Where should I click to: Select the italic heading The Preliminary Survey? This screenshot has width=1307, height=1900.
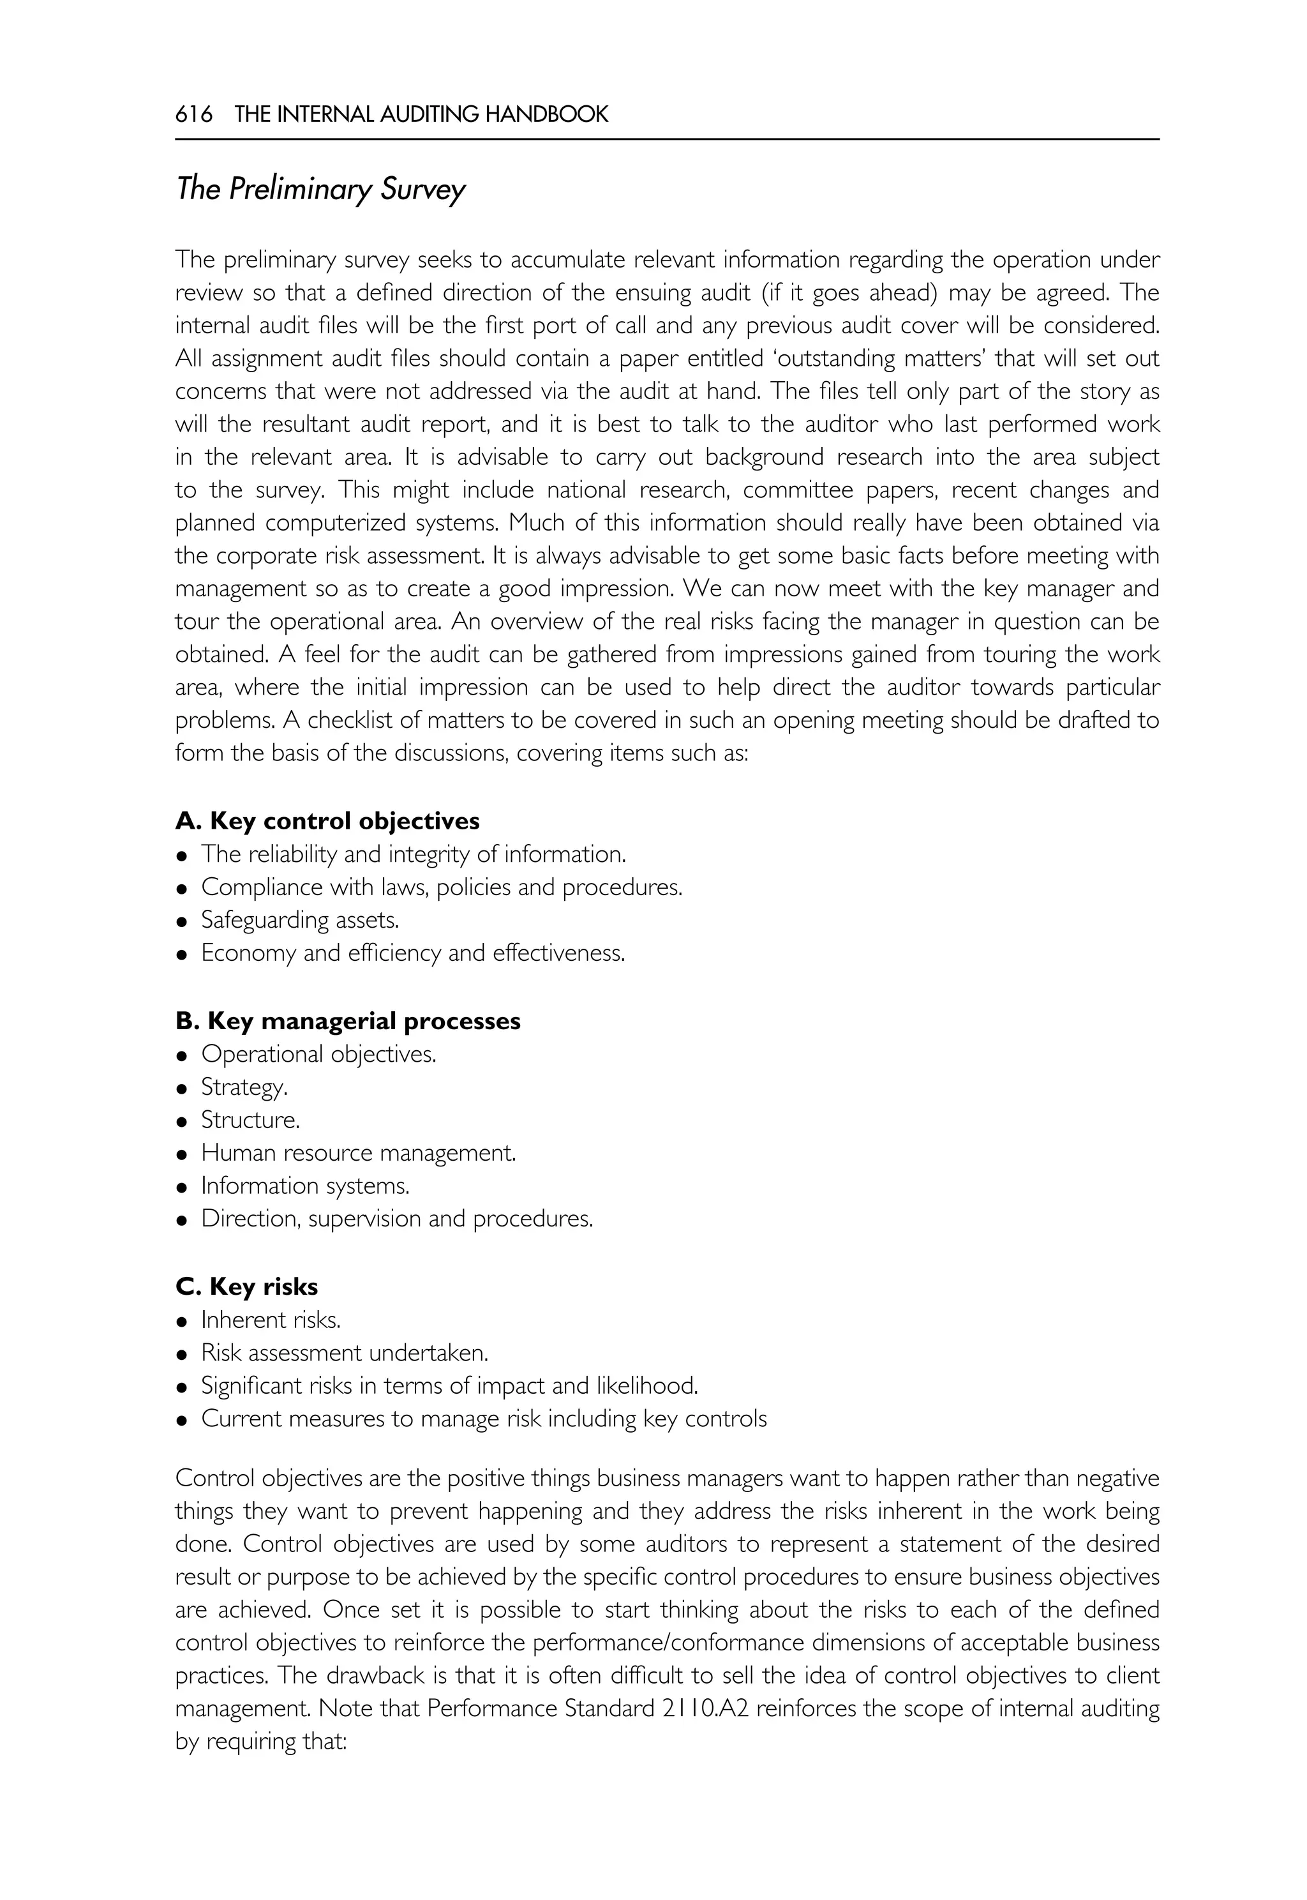320,189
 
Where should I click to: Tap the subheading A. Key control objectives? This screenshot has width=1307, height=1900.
327,820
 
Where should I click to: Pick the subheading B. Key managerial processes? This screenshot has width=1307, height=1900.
348,1021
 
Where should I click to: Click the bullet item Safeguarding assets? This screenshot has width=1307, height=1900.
300,920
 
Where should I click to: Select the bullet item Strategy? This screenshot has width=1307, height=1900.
244,1087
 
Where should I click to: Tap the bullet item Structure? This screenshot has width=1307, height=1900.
251,1120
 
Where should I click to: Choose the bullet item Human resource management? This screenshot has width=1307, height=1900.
359,1153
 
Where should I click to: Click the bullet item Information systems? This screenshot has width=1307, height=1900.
306,1186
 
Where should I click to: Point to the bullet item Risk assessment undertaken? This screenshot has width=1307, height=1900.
345,1353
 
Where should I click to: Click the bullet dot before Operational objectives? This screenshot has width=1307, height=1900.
182,1056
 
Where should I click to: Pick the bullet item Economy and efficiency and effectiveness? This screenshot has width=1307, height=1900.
413,953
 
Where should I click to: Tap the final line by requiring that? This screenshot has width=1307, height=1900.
262,1741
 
